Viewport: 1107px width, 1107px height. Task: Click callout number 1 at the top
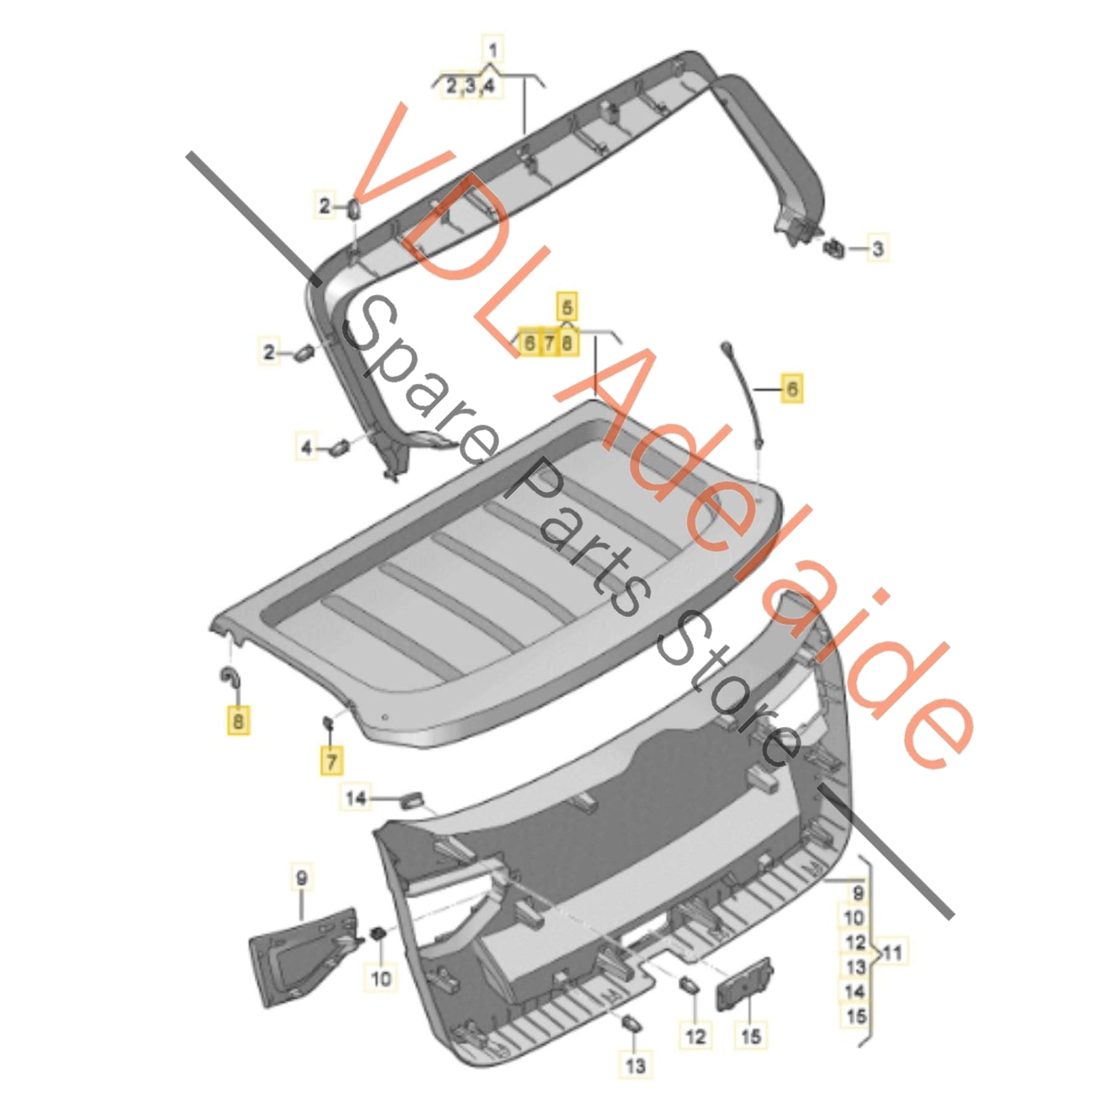[493, 49]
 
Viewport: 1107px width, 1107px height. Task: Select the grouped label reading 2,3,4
[470, 85]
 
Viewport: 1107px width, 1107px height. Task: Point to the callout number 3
[878, 248]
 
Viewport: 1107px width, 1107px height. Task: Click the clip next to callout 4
[339, 447]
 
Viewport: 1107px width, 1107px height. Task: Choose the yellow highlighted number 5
[567, 307]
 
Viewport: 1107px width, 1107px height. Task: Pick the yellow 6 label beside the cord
[792, 389]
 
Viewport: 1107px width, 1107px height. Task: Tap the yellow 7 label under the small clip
[331, 761]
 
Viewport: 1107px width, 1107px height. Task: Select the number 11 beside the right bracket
[892, 953]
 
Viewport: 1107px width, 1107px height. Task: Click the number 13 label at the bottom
[635, 1063]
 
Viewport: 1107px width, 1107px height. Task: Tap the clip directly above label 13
[632, 1023]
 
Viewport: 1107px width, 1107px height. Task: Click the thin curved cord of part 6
[745, 394]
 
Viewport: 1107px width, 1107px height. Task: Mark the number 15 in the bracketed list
[856, 1016]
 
